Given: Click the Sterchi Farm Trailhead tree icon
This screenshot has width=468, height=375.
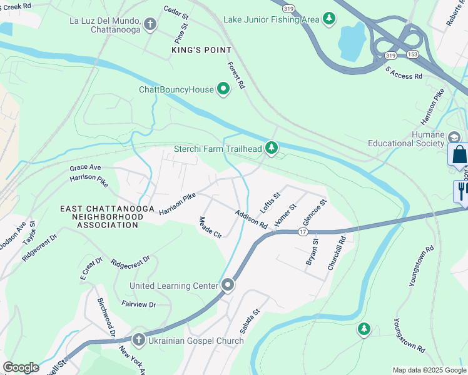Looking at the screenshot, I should click(x=271, y=148).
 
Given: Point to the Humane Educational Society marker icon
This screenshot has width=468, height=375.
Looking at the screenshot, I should click(x=454, y=137).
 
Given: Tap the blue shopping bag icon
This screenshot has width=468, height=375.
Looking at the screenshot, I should click(x=459, y=154).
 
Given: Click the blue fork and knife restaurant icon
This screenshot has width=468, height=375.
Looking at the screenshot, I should click(x=462, y=190).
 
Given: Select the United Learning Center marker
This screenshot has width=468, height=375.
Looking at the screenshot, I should click(x=228, y=286).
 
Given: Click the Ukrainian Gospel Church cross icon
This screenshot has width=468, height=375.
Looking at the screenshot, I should click(x=138, y=341).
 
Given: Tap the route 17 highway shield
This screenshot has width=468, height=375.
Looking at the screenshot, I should click(x=303, y=232).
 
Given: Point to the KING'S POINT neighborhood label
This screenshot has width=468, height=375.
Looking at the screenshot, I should click(x=201, y=49).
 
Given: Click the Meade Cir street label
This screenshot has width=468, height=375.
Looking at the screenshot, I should click(x=210, y=227).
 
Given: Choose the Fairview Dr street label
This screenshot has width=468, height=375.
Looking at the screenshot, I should click(x=138, y=304).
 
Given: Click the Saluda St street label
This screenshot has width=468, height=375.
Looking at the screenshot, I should click(x=250, y=320).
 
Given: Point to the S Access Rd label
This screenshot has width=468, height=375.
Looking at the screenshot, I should click(x=404, y=72).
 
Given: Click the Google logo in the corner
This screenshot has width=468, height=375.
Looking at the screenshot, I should click(x=21, y=367).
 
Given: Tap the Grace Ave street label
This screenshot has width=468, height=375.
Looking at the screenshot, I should click(x=86, y=167).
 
